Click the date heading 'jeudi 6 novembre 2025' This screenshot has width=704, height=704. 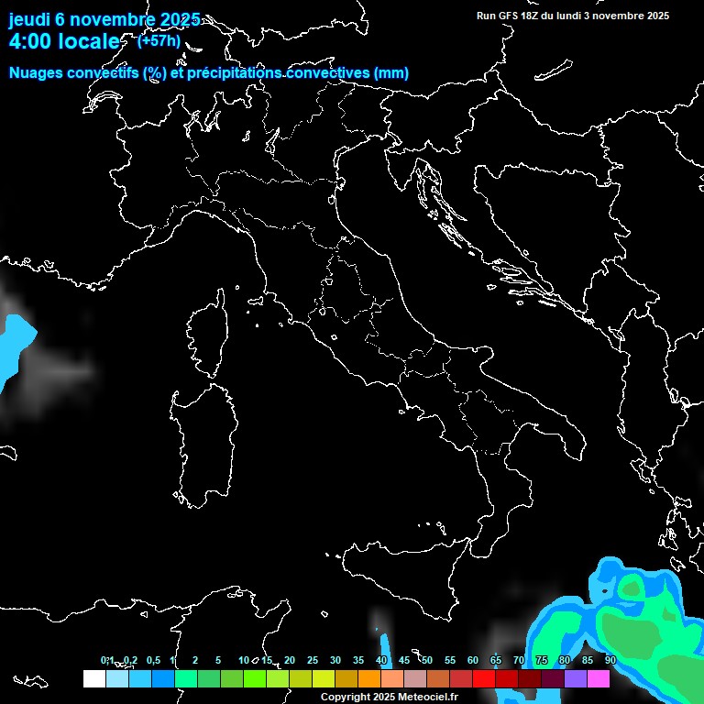tap(104, 19)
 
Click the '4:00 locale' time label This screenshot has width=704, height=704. tap(64, 41)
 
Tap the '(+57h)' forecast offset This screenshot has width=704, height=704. tap(159, 40)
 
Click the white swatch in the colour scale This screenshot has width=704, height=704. tap(93, 679)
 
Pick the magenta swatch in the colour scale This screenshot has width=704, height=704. tap(599, 679)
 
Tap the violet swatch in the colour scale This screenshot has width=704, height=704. tap(576, 679)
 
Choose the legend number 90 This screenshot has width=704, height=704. tap(610, 660)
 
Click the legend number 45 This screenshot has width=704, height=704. tap(404, 660)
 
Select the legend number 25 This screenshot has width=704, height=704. tap(313, 660)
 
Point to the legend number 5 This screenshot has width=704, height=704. tap(218, 660)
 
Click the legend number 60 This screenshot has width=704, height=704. tap(473, 660)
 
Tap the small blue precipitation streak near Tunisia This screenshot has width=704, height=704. tap(384, 646)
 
